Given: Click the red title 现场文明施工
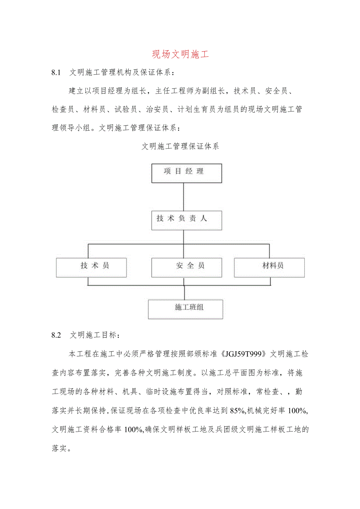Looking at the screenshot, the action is [x=180, y=54].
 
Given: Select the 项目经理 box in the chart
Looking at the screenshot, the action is [x=187, y=173].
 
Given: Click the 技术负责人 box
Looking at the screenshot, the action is [x=187, y=220].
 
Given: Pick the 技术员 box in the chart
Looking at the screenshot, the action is [x=91, y=268].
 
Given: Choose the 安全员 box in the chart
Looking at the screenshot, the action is [x=187, y=268].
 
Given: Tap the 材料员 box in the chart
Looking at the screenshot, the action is [x=270, y=268].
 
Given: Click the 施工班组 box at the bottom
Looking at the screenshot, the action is [x=185, y=309].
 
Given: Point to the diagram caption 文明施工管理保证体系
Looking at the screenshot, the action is [x=180, y=147].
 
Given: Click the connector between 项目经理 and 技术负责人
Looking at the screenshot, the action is [x=184, y=197].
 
